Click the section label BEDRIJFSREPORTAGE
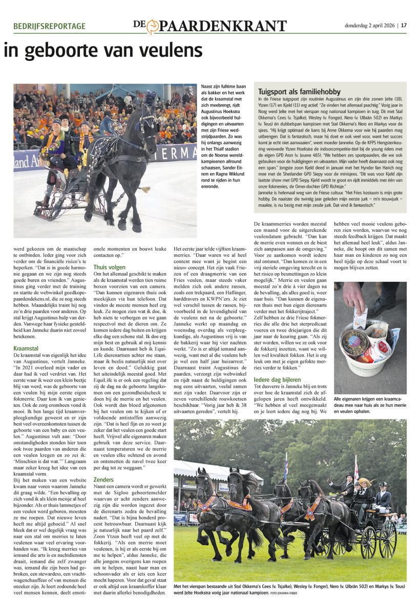tap(50, 26)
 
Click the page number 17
tap(404, 25)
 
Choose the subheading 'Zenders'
tap(103, 480)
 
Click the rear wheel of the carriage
tap(388, 539)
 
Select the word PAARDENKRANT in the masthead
tap(223, 26)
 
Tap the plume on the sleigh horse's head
tap(150, 98)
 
